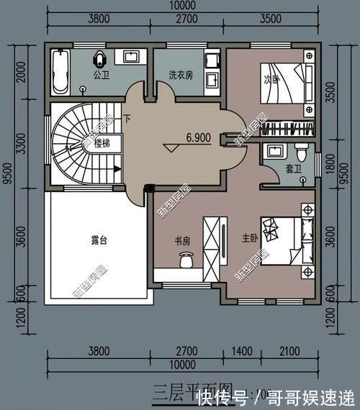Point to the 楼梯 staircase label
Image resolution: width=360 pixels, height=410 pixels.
[102, 143]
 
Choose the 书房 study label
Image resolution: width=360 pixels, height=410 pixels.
[181, 241]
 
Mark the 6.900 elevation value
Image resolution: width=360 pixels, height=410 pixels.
[197, 136]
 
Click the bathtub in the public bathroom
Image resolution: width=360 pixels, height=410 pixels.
[60, 73]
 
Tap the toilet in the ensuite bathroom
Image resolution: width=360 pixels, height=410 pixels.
[303, 152]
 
